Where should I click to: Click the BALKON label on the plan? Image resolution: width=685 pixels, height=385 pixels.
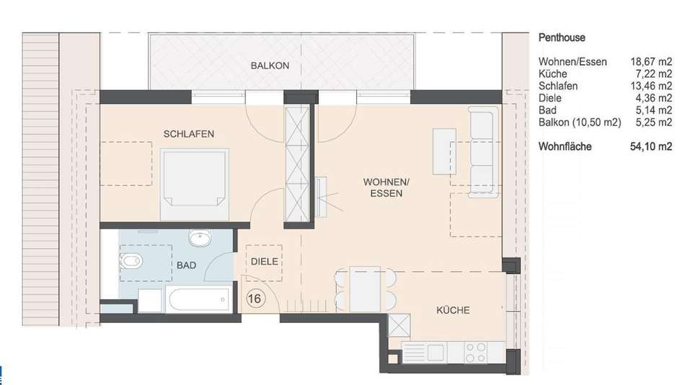coord(270,66)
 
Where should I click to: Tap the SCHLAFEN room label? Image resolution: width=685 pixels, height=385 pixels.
coord(189,133)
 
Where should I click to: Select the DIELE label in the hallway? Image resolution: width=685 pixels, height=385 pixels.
coord(265,261)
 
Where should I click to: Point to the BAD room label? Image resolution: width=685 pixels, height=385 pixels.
coord(186,265)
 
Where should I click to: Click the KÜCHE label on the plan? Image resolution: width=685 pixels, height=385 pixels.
coord(453,310)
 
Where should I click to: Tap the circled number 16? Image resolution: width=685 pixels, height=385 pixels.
coord(255,298)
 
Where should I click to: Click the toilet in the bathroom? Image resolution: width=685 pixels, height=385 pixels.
coord(131,261)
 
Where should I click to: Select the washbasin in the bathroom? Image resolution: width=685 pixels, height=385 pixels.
coord(200,238)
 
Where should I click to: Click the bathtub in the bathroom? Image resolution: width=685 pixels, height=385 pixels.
coord(199,299)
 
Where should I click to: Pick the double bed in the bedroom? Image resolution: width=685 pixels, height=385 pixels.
coord(195,184)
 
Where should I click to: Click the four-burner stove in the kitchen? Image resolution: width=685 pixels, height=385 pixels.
coord(475,353)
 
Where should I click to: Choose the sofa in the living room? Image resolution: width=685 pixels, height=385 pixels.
coord(483,151)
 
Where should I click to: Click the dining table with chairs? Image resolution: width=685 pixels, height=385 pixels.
coord(366,289)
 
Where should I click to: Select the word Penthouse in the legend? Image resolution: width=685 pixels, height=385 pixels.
coord(562,37)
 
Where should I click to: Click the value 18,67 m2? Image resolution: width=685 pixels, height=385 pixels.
coord(651,61)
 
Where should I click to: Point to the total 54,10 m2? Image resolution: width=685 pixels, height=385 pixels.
coord(651,146)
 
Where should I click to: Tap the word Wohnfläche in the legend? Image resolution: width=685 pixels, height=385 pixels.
coord(565,146)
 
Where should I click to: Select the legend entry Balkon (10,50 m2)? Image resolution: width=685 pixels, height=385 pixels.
coord(580,123)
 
